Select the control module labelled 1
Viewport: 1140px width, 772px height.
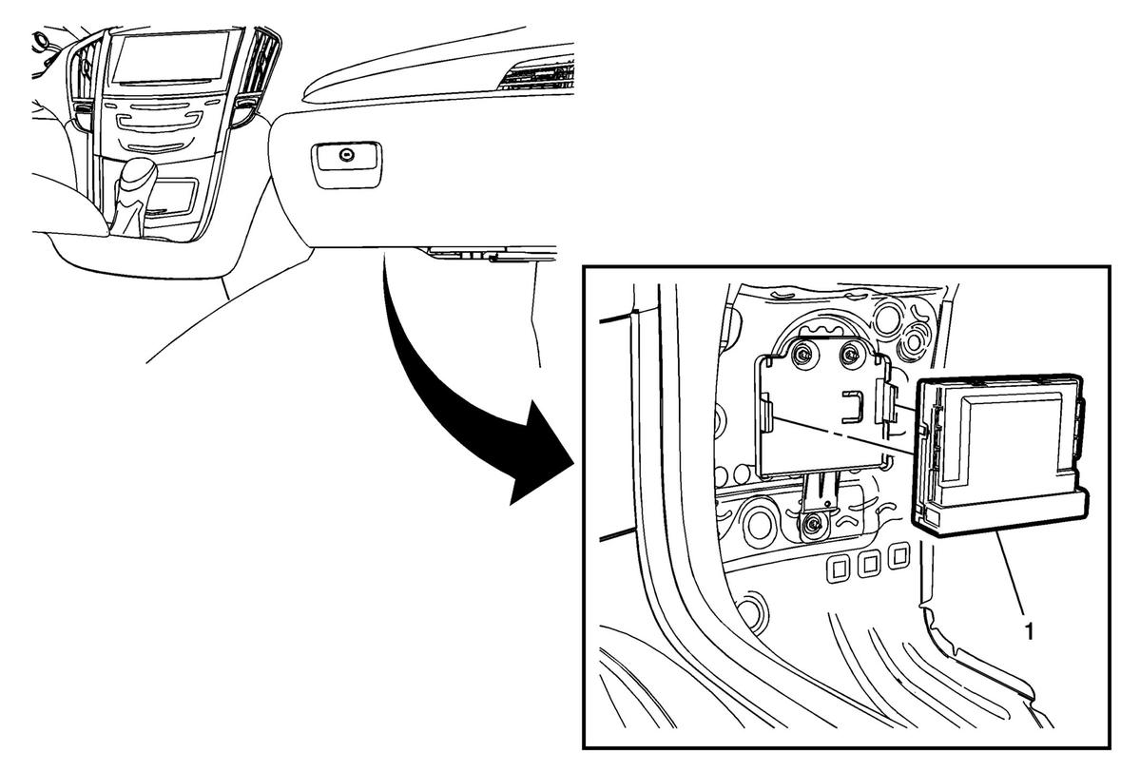(x=999, y=455)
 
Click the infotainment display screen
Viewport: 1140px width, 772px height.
(x=177, y=57)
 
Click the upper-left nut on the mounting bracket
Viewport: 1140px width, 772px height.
(x=804, y=355)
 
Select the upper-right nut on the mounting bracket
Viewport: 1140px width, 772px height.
(x=848, y=355)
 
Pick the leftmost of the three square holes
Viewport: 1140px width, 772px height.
(x=838, y=567)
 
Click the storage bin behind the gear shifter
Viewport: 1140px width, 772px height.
(x=171, y=196)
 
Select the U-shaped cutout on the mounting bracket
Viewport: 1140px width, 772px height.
(x=854, y=407)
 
